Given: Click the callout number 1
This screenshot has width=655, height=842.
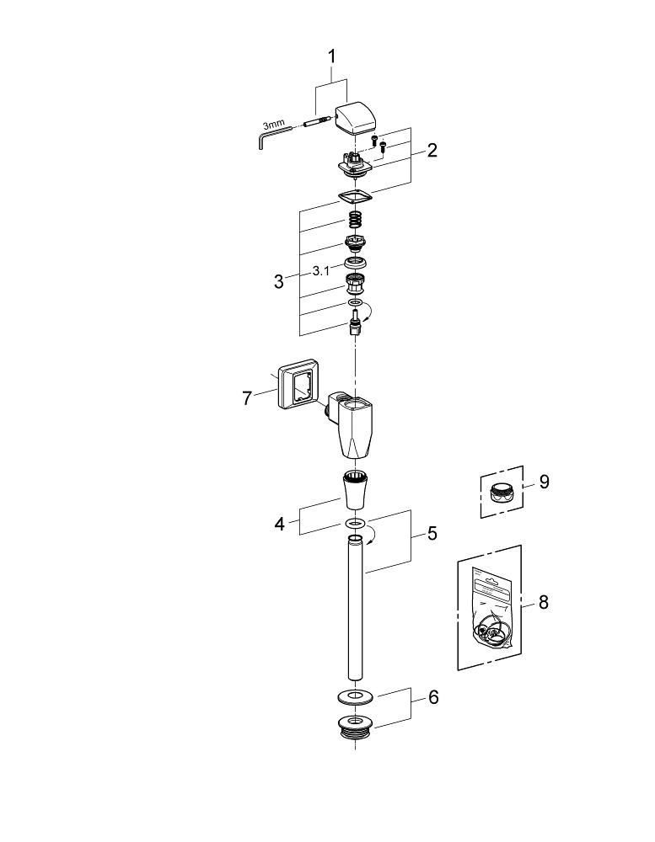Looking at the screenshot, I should tap(331, 56).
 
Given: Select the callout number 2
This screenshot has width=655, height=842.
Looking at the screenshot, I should tap(432, 151).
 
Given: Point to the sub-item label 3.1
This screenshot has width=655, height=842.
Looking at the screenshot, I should tap(320, 271).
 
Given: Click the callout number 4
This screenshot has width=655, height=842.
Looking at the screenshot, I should tap(279, 525).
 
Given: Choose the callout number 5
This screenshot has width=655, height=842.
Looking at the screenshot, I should tap(432, 533).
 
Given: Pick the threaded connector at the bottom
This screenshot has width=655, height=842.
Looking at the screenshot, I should tap(355, 727).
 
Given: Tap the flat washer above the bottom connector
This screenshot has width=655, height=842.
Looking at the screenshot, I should tap(355, 695).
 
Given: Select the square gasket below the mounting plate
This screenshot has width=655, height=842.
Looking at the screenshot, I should tap(355, 198).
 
